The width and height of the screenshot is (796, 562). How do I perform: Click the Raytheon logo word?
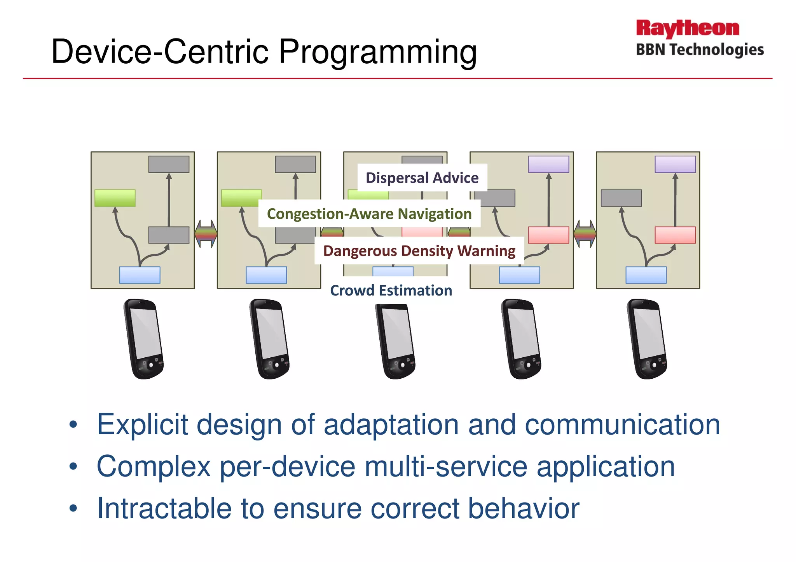(x=687, y=29)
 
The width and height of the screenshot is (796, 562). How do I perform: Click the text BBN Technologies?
(x=700, y=50)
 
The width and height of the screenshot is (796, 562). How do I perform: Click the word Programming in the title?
(x=378, y=52)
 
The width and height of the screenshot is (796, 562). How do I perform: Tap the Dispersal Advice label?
(x=422, y=178)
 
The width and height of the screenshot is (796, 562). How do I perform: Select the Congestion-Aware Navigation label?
(x=369, y=214)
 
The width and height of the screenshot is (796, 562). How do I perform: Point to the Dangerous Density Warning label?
(x=419, y=251)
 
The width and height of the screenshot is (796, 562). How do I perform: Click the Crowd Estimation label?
(x=391, y=291)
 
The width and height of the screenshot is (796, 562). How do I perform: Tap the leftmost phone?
(x=144, y=339)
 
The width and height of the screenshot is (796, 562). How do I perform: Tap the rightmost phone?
(x=647, y=339)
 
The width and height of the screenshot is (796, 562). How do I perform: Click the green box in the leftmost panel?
(x=115, y=198)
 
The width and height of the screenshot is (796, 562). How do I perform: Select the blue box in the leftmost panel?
(x=140, y=275)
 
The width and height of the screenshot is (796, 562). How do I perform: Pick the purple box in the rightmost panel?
(x=675, y=164)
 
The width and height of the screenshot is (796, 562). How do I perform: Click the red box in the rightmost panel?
(x=675, y=235)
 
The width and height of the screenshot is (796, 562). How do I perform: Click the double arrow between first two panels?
(x=206, y=234)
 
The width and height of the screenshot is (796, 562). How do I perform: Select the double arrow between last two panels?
(x=585, y=234)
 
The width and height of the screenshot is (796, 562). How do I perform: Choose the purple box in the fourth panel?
(x=548, y=164)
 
